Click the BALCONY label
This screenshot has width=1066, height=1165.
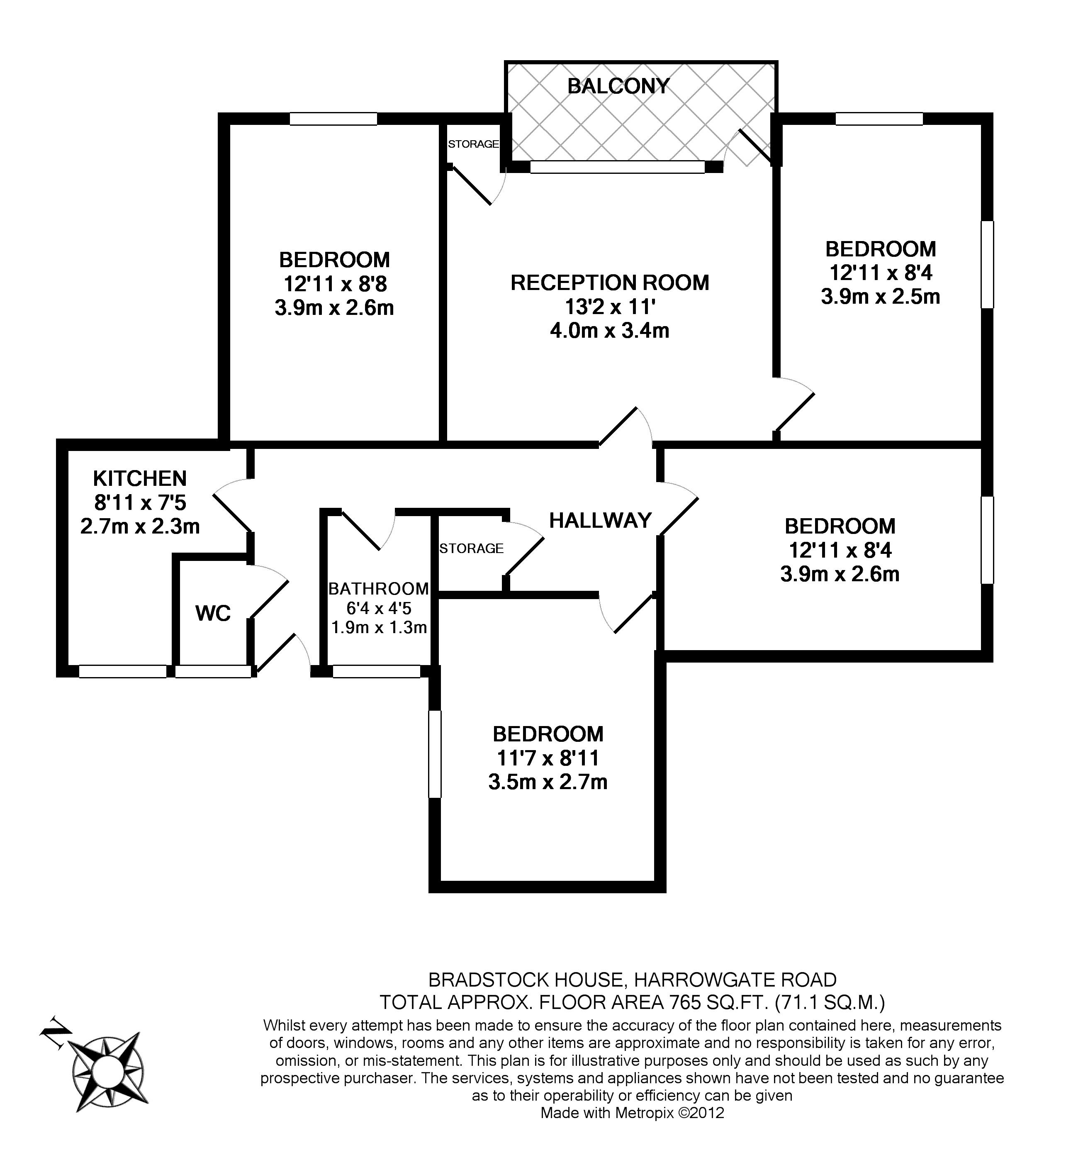click(618, 86)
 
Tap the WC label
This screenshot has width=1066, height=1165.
click(213, 613)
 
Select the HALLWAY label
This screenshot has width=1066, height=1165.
click(600, 521)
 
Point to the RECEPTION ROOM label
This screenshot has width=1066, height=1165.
click(610, 283)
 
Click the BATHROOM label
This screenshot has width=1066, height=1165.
click(378, 589)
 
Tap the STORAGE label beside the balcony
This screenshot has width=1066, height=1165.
click(473, 144)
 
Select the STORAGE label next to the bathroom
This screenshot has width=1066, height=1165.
click(472, 548)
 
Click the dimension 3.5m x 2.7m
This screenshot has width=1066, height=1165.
click(548, 782)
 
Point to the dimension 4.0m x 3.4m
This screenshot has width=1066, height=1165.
click(610, 331)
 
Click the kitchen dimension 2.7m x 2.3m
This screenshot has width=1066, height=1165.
click(140, 526)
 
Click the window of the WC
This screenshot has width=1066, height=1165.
click(213, 671)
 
